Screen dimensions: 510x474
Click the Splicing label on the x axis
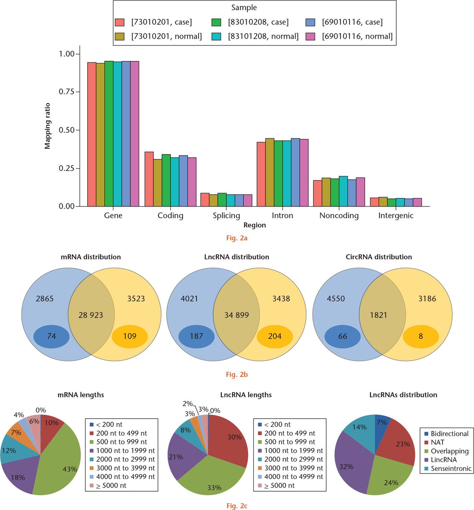pyautogui.click(x=226, y=215)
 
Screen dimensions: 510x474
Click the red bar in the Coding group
pyautogui.click(x=149, y=179)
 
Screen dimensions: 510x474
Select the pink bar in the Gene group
pyautogui.click(x=135, y=134)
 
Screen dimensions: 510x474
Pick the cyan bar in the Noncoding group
pyautogui.click(x=343, y=191)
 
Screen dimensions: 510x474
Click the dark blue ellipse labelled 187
pyautogui.click(x=196, y=336)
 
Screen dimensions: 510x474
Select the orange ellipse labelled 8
pyautogui.click(x=420, y=336)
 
